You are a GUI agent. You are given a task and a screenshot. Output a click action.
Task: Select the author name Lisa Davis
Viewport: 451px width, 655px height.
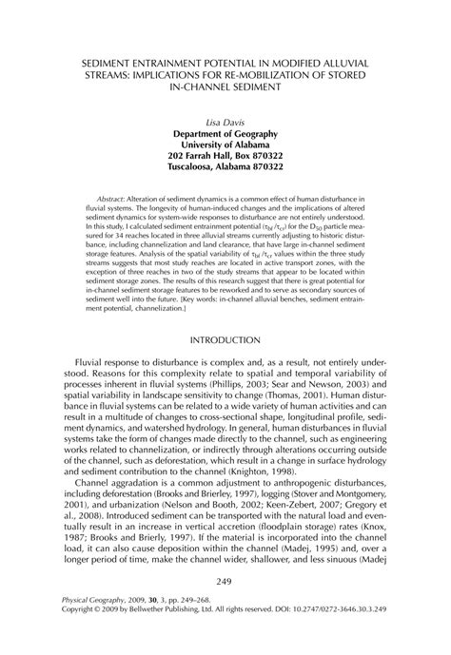225,123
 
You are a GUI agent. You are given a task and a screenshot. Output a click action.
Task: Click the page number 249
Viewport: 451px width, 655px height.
225,608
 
